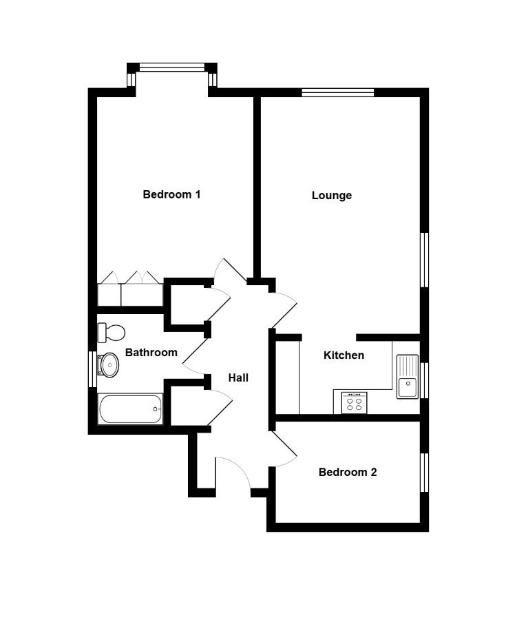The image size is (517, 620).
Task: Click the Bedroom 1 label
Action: point(171,194)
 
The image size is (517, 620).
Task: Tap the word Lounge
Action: point(332,196)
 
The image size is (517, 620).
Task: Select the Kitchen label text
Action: point(344,355)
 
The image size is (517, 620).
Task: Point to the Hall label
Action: point(238,378)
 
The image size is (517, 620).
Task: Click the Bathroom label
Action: point(151,352)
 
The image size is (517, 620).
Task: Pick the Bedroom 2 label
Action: point(348,472)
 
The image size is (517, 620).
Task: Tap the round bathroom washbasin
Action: point(108,364)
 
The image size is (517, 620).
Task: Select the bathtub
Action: point(130,409)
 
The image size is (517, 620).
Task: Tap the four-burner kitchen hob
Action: point(354,403)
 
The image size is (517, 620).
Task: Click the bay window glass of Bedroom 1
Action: point(172,68)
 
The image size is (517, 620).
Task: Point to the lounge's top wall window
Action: point(337,92)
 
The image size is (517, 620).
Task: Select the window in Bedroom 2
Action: point(425,473)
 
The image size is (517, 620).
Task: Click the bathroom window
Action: point(92,369)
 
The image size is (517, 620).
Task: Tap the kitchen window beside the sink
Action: point(425,380)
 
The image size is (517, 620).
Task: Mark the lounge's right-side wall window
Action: point(425,260)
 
